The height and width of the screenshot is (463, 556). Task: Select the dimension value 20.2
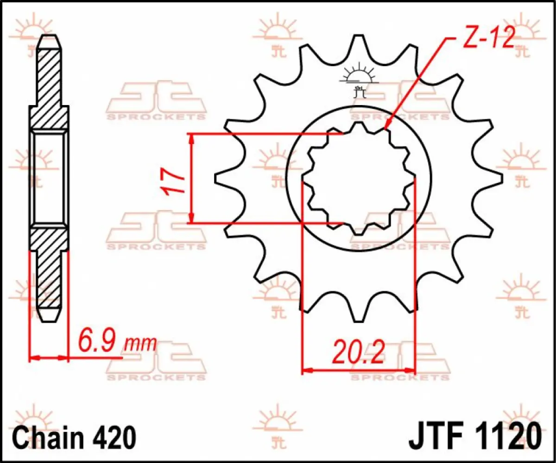pos(358,353)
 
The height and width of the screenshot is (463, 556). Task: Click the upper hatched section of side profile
pos(49,83)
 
